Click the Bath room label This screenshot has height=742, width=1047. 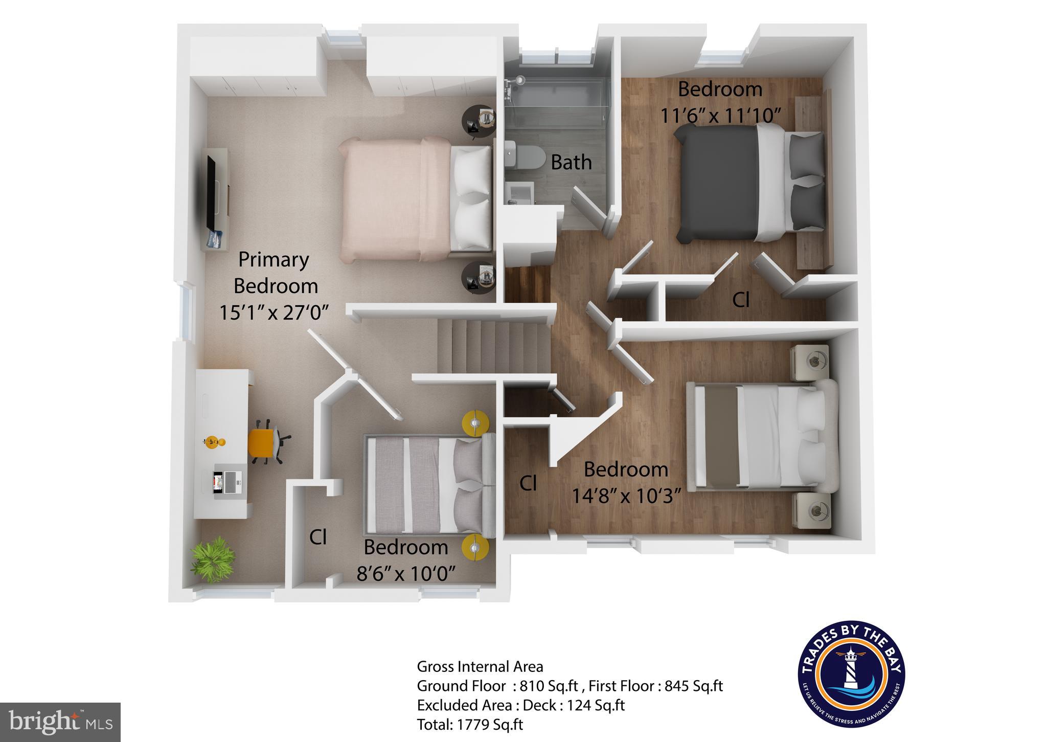click(x=571, y=163)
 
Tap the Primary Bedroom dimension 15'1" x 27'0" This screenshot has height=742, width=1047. click(x=274, y=312)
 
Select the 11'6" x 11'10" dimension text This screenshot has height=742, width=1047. click(x=720, y=116)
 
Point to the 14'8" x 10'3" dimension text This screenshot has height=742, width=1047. click(x=626, y=496)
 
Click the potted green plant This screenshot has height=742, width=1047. click(x=213, y=558)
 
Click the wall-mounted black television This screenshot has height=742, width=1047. click(x=211, y=194)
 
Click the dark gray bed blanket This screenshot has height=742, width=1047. click(x=716, y=184)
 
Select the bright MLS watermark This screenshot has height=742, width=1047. click(x=60, y=722)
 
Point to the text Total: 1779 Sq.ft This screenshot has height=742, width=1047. click(x=470, y=725)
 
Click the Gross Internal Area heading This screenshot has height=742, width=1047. click(x=480, y=667)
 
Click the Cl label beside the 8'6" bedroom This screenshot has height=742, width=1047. click(x=318, y=537)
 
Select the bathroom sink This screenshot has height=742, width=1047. click(x=520, y=193)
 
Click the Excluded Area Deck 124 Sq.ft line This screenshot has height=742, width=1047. click(x=520, y=705)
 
